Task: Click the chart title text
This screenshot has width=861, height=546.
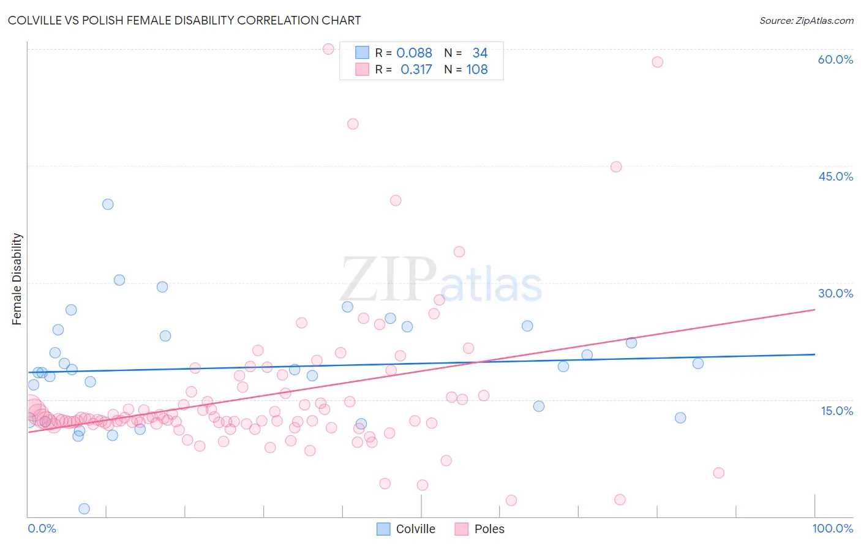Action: [x=184, y=20]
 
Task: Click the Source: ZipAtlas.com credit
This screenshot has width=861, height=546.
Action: [x=806, y=20]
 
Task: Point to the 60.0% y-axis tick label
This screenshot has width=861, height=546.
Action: [x=835, y=59]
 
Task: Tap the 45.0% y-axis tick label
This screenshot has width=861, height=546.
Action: [x=835, y=176]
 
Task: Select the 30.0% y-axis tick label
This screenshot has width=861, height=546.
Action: [x=835, y=293]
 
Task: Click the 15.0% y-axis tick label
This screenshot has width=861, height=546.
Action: [x=837, y=411]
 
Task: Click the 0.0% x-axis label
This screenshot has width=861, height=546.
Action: [x=42, y=528]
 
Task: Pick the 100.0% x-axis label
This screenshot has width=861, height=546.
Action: [x=832, y=528]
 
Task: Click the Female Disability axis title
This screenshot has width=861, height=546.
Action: [x=17, y=279]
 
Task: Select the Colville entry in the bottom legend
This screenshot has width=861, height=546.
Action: [x=406, y=529]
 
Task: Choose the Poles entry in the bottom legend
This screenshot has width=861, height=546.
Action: [x=480, y=529]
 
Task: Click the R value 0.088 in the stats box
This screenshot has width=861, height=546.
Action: [x=414, y=53]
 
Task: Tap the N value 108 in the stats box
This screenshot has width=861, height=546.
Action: [x=477, y=70]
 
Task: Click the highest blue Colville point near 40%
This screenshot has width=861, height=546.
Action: [x=108, y=204]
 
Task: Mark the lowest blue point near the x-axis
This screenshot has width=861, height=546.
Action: [x=85, y=509]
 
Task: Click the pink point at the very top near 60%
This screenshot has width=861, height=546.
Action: [x=328, y=49]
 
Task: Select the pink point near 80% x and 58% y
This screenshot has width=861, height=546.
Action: [x=657, y=62]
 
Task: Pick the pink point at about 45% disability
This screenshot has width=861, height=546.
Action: [x=616, y=167]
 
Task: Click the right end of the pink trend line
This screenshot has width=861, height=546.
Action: [x=814, y=310]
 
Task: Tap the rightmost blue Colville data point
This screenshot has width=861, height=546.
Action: [x=697, y=364]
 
